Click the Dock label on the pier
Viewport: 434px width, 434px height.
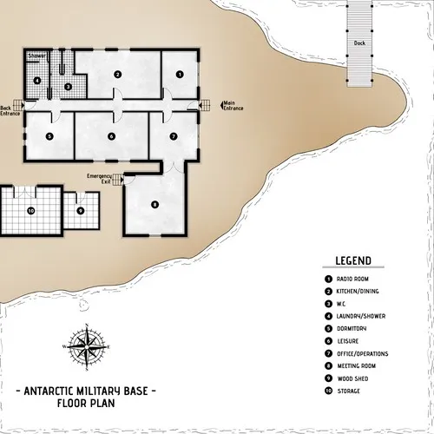[x=358, y=43]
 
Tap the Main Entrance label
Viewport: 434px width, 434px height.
[x=233, y=106]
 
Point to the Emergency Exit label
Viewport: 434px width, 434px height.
[x=100, y=178]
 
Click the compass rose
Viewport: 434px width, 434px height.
[x=85, y=346]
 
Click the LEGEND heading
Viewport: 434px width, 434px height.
[x=353, y=260]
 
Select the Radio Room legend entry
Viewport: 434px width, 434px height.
[x=357, y=279]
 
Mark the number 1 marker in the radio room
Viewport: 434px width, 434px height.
[x=180, y=75]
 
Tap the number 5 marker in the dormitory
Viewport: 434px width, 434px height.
[x=49, y=136]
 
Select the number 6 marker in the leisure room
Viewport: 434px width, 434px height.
[x=111, y=136]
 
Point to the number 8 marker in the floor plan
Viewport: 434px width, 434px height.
[x=155, y=204]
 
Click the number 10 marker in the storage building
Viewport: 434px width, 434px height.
[x=30, y=210]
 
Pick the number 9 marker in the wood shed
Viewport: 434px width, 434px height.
[x=80, y=210]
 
